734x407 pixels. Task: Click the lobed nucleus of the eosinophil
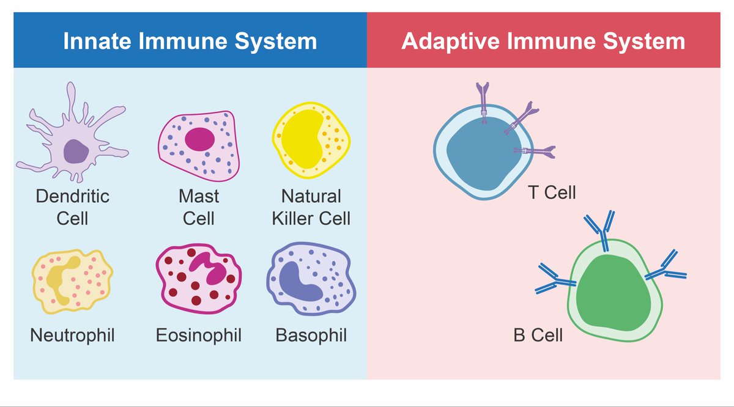209,269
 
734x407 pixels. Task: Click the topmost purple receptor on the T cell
483,97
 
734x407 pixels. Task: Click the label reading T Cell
552,193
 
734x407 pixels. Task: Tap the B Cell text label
538,335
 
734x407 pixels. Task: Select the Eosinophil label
198,335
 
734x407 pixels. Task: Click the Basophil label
311,335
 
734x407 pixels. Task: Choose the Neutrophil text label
72,335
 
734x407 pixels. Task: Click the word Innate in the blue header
97,42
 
